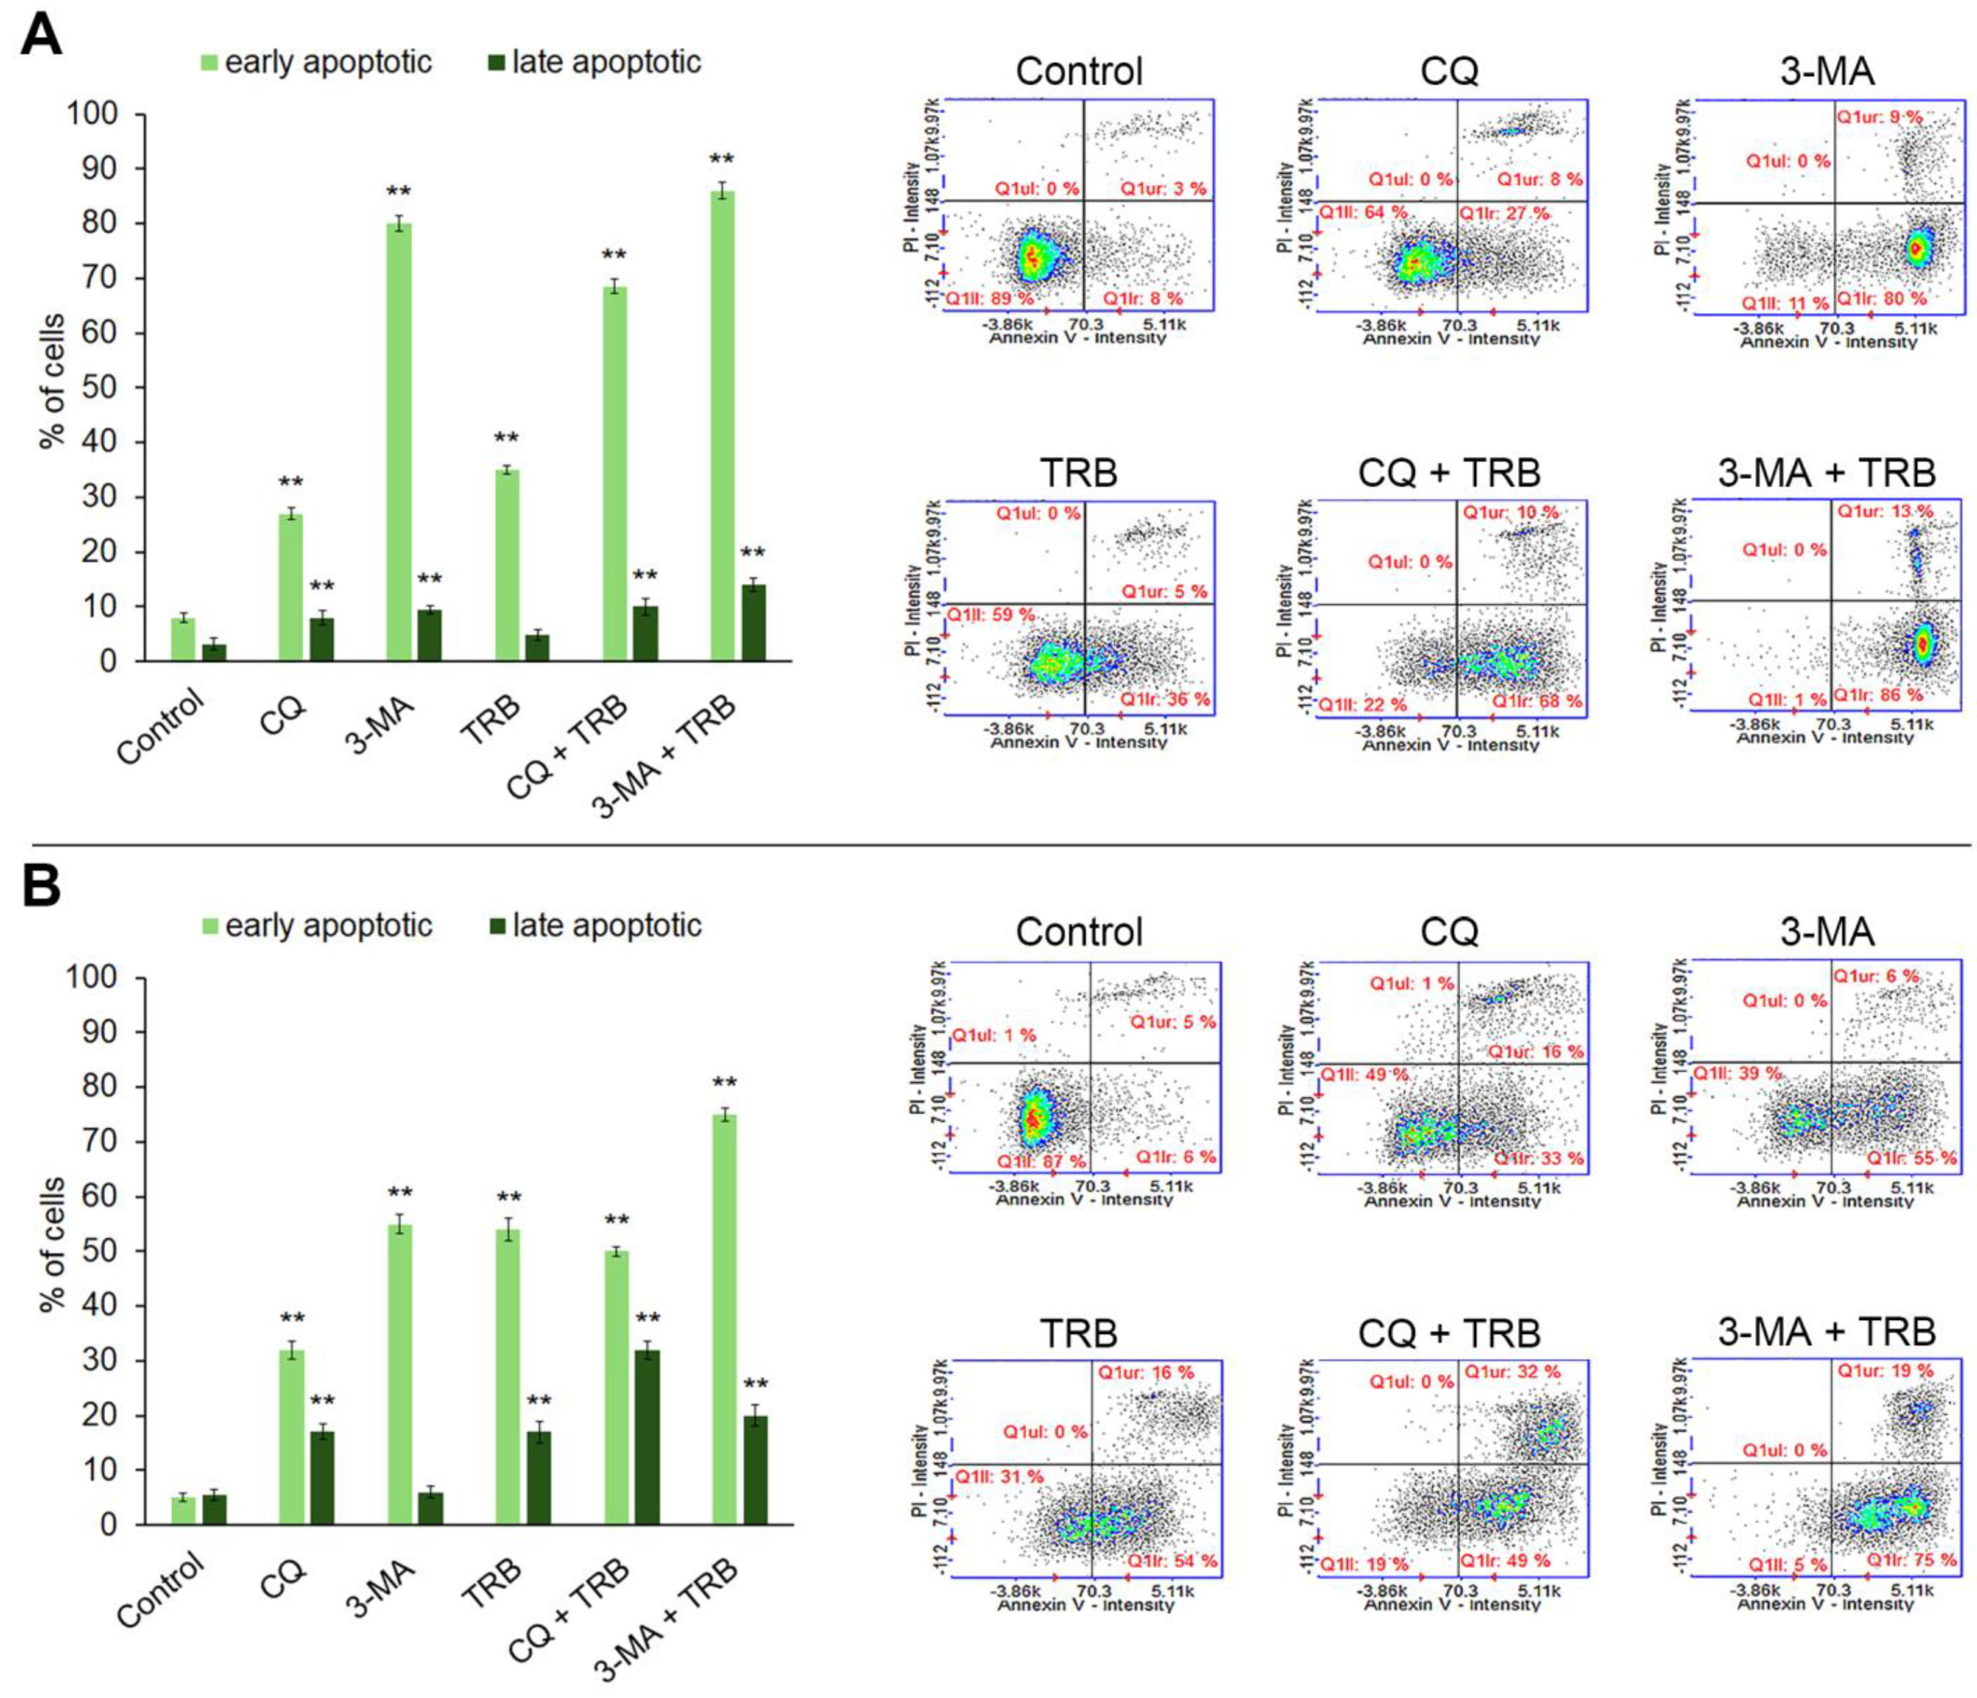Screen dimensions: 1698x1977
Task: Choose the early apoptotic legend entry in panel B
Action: tap(318, 926)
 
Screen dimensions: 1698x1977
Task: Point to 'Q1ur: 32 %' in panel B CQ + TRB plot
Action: tap(1513, 1372)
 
